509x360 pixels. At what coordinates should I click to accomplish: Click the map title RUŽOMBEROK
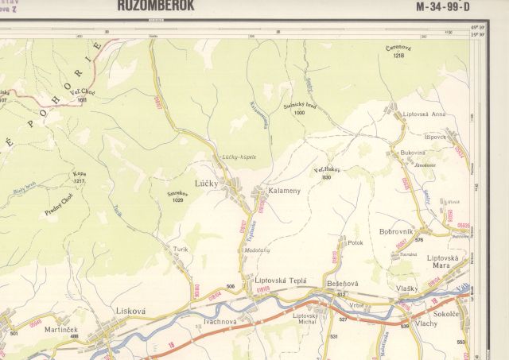point(155,6)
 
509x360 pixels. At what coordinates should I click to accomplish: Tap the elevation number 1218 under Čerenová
point(398,56)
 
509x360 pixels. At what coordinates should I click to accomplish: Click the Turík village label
point(181,249)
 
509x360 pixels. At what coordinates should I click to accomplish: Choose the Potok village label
point(356,242)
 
